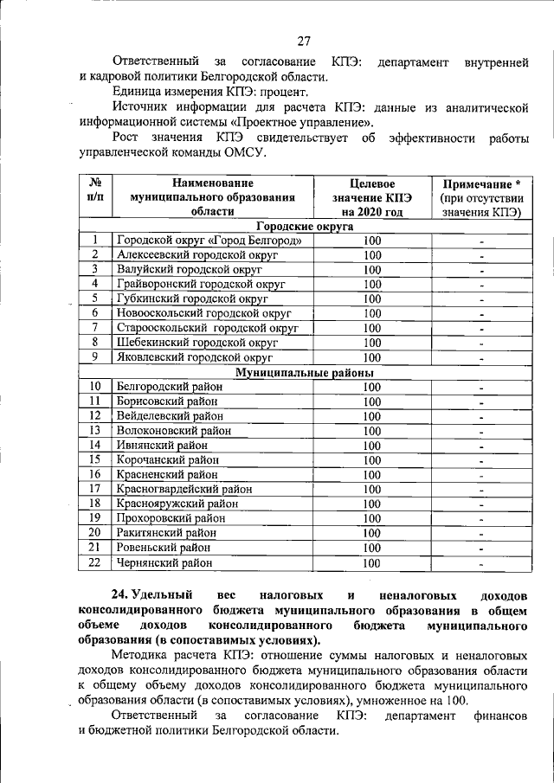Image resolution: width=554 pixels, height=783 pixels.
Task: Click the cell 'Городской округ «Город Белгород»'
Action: pos(209,241)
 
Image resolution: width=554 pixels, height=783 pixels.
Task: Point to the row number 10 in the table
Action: pos(95,387)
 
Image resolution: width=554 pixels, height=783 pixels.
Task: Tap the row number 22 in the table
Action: pos(95,563)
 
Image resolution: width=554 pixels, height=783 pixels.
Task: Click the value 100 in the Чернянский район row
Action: pos(372,563)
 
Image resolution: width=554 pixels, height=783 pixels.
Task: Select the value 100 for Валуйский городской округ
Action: pos(372,270)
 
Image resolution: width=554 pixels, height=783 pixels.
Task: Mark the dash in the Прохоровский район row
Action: pos(481,519)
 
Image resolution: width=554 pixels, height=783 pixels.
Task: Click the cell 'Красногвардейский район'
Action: pos(184,490)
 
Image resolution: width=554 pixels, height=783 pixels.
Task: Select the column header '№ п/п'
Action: pos(95,190)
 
